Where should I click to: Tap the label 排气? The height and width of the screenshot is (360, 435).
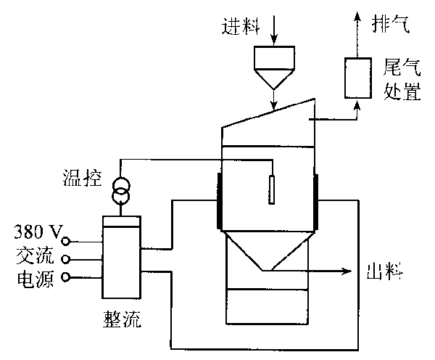390,25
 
